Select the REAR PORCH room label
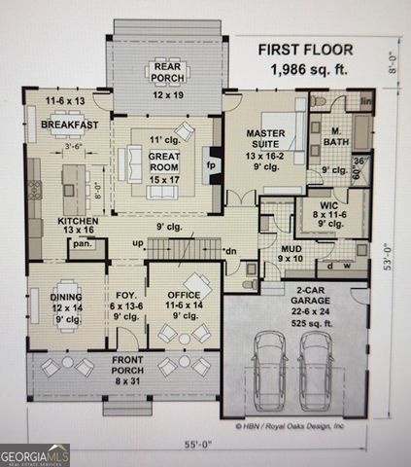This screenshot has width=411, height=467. tap(168, 94)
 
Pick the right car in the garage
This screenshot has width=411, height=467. tap(317, 370)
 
